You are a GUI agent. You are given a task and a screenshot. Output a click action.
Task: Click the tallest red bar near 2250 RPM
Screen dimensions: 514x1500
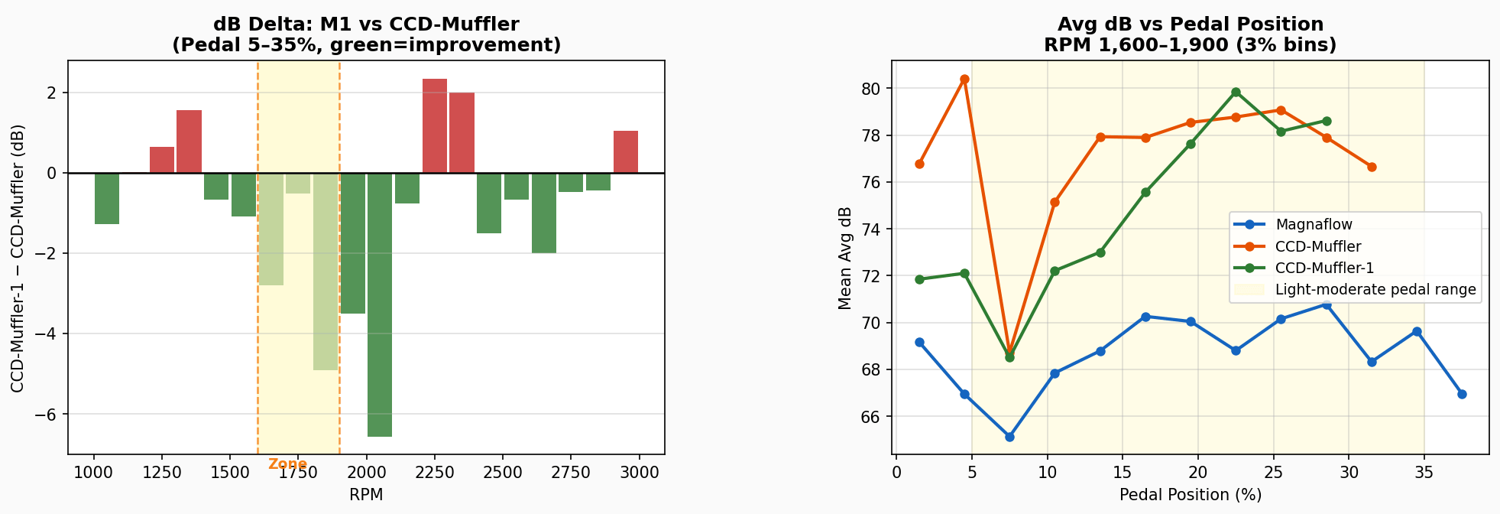435,126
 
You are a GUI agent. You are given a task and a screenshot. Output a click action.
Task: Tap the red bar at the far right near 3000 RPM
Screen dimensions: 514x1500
626,152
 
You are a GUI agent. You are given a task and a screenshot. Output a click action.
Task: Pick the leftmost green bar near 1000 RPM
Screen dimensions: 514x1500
107,198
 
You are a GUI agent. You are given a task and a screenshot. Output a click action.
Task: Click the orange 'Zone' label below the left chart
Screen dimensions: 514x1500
287,464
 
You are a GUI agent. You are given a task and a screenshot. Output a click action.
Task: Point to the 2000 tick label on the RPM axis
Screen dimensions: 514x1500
366,472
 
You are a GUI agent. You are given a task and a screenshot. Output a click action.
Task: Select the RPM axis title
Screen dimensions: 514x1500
366,495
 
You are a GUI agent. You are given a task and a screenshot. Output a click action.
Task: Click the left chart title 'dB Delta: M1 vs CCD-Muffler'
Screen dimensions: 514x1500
366,24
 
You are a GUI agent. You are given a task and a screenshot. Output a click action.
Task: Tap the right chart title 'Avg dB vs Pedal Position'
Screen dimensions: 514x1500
1190,24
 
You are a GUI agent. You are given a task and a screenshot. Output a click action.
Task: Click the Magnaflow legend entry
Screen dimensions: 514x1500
1314,225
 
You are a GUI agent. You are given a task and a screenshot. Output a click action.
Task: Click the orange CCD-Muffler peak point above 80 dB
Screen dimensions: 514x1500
964,80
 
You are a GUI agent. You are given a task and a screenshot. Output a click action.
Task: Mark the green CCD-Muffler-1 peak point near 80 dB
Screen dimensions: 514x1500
1236,92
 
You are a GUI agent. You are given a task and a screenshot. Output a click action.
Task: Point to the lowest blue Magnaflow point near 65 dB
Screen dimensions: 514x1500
1009,437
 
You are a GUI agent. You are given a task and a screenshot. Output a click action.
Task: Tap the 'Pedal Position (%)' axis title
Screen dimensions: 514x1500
1190,495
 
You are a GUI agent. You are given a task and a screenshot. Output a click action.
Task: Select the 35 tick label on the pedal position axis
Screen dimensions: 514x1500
1424,472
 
